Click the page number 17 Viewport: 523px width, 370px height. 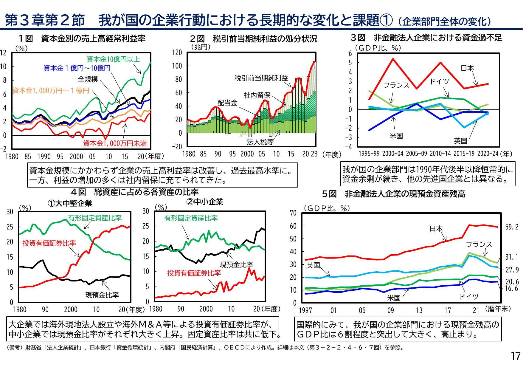click(x=515, y=356)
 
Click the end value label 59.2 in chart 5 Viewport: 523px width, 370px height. click(x=512, y=227)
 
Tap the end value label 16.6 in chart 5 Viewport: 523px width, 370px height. click(x=512, y=288)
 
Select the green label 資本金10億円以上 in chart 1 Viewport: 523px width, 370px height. click(x=113, y=59)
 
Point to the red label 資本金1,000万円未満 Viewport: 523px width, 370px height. click(x=115, y=143)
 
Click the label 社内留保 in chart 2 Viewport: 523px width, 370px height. click(x=257, y=95)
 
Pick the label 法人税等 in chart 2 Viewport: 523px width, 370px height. click(x=260, y=142)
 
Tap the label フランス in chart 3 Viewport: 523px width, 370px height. click(x=396, y=85)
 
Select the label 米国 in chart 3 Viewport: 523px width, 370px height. click(x=396, y=136)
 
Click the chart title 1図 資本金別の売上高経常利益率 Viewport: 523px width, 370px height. click(x=82, y=38)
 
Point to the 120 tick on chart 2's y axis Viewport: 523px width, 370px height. click(x=177, y=52)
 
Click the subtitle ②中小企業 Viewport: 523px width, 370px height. click(x=205, y=202)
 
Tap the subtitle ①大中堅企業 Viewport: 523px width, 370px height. click(x=70, y=203)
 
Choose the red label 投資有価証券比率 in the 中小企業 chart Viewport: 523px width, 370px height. click(x=194, y=273)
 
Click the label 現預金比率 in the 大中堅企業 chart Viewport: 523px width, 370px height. click(x=102, y=295)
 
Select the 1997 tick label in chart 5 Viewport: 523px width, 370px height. click(x=305, y=310)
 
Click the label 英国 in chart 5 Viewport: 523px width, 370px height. click(x=313, y=265)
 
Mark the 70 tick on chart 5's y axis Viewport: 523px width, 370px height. click(x=293, y=213)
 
